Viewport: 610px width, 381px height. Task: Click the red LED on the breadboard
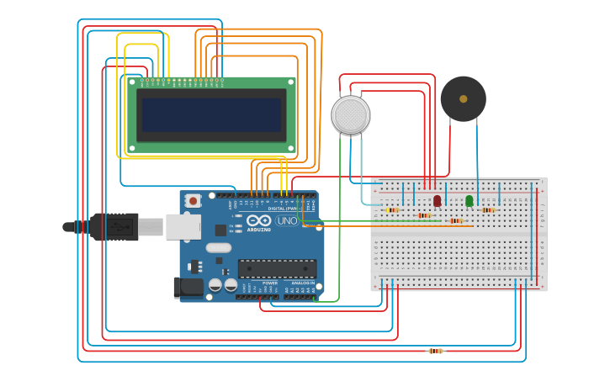pos(437,200)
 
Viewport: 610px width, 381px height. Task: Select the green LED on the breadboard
pos(469,200)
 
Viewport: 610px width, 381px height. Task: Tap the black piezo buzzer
pos(463,98)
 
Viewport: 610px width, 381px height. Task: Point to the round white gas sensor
pos(350,114)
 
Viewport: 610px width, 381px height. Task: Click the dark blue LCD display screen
pos(212,114)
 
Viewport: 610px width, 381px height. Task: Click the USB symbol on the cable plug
pos(119,227)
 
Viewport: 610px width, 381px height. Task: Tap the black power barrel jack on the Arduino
pos(189,287)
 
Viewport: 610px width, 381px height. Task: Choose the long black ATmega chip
pos(277,268)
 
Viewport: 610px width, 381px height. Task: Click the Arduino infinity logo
pos(258,220)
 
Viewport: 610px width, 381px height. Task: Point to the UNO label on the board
pos(287,220)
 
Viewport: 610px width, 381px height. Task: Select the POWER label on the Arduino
pos(270,283)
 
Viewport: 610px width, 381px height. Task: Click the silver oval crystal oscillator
pos(218,247)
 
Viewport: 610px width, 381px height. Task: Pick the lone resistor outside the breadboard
pos(435,351)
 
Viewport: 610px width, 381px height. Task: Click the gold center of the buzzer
pos(463,98)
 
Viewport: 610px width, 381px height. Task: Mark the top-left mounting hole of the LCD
pos(131,82)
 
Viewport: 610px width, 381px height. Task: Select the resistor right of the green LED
pos(488,209)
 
